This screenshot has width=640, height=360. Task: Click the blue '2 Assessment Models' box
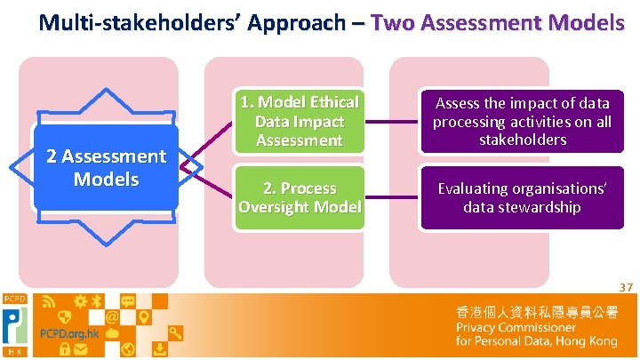(x=106, y=167)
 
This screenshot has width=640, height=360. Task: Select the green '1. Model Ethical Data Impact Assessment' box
(x=299, y=121)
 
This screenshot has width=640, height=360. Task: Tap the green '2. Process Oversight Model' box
(x=299, y=197)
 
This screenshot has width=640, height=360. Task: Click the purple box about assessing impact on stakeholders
(x=522, y=121)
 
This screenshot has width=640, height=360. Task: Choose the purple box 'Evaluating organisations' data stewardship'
(x=522, y=197)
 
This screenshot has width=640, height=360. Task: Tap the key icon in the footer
(x=176, y=334)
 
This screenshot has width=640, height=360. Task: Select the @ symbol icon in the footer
(x=113, y=316)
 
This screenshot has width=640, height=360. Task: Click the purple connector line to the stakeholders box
(x=390, y=122)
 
